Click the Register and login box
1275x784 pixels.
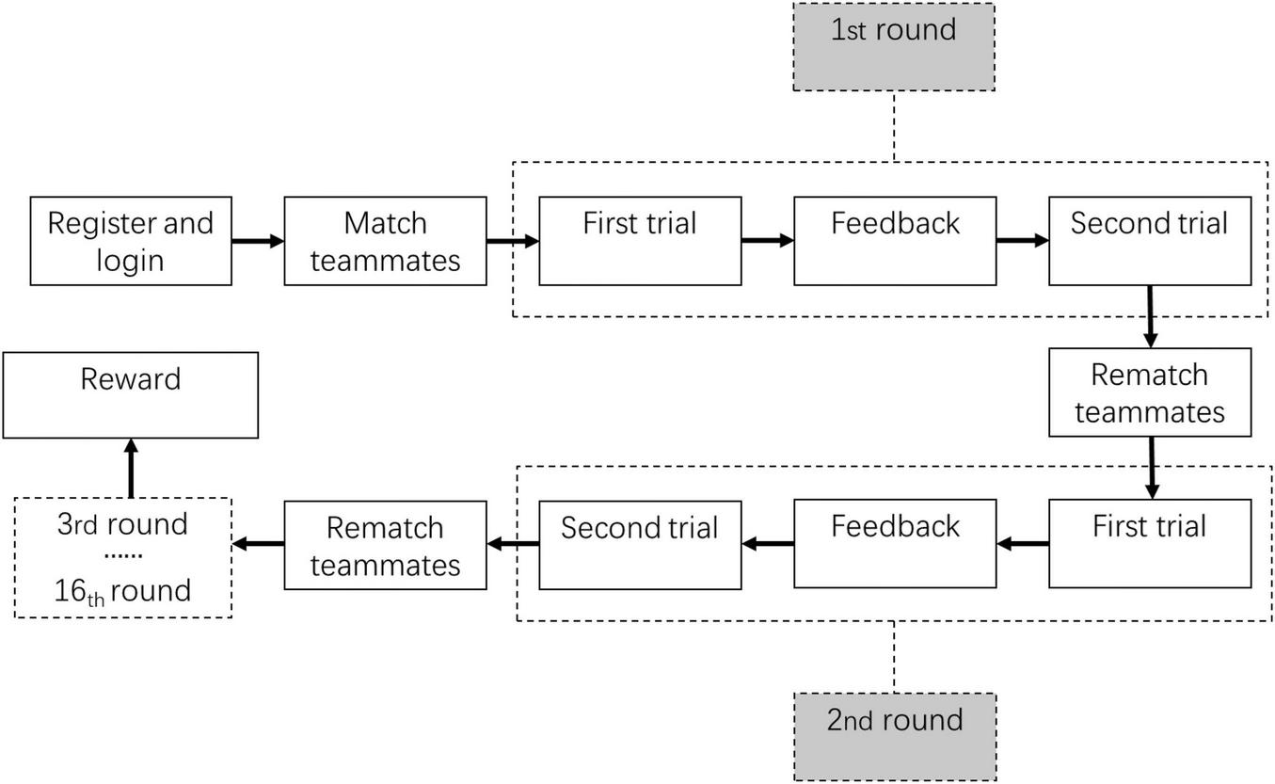click(x=131, y=241)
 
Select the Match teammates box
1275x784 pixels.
click(x=385, y=241)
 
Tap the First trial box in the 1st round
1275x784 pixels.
click(x=640, y=241)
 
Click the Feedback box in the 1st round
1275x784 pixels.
click(x=895, y=241)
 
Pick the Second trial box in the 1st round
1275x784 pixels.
click(x=1150, y=241)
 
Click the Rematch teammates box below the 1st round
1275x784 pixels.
click(x=1150, y=392)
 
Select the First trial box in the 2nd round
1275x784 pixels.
click(x=1150, y=543)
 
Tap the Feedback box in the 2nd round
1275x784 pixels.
click(x=895, y=543)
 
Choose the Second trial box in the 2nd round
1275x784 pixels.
click(x=640, y=545)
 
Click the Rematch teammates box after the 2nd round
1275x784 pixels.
click(x=385, y=545)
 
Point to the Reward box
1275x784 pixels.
click(x=131, y=395)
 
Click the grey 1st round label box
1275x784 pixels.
click(x=894, y=47)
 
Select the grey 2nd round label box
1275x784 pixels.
click(x=894, y=737)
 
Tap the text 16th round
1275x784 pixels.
click(x=123, y=591)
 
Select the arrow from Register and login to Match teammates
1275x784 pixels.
click(x=258, y=241)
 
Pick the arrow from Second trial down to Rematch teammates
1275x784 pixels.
click(x=1150, y=317)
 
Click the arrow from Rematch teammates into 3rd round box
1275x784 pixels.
click(x=259, y=544)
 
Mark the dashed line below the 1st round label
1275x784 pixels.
click(x=894, y=126)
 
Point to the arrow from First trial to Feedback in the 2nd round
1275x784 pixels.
click(x=1023, y=543)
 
